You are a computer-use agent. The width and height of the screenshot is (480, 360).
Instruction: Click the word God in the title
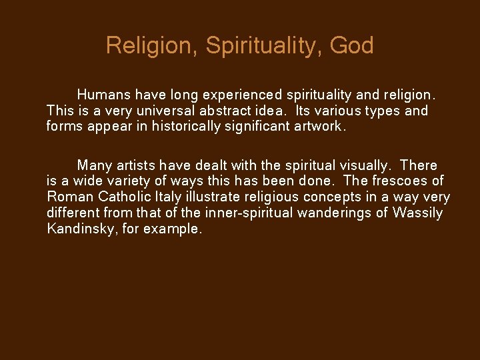click(x=351, y=46)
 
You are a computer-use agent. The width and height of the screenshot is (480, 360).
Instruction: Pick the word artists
click(x=139, y=165)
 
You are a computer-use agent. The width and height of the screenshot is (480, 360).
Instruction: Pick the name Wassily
click(x=419, y=213)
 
